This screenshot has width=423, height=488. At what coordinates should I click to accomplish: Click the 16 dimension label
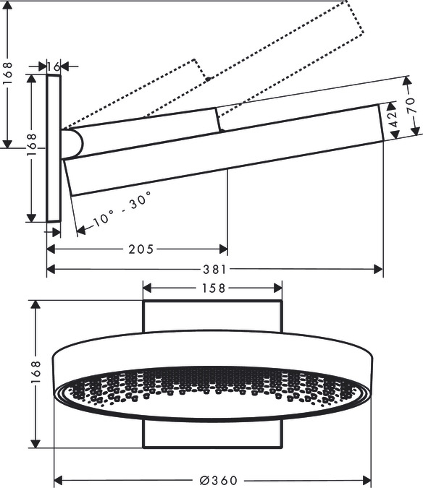point(54,67)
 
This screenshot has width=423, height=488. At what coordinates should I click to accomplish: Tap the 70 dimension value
point(411,106)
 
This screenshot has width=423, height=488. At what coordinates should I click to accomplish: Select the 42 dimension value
point(394,119)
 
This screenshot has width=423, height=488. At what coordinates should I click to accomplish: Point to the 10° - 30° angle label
point(122,208)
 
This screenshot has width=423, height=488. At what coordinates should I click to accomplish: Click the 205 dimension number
point(141,249)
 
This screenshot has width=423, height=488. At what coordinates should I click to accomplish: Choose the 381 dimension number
point(214,269)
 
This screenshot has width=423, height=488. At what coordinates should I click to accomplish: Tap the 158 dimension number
point(214,288)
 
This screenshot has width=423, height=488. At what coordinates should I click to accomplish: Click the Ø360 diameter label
point(219,480)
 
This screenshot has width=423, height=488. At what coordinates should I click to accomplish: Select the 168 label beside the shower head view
point(35,372)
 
